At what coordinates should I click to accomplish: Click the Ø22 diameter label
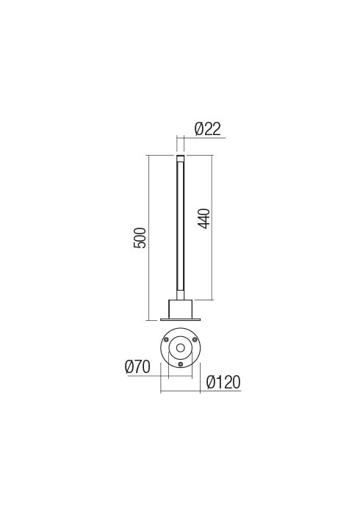[x=208, y=128]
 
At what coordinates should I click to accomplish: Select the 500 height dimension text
[x=140, y=238]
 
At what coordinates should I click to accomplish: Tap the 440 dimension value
[x=204, y=218]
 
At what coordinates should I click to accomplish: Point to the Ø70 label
[x=137, y=367]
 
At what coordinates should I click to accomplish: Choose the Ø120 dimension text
[x=223, y=383]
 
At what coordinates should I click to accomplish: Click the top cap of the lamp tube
[x=180, y=158]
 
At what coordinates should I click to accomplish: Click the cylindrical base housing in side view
[x=180, y=308]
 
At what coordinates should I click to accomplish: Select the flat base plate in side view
[x=180, y=319]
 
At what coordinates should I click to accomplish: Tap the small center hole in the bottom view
[x=180, y=348]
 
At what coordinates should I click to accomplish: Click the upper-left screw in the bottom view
[x=167, y=339]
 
